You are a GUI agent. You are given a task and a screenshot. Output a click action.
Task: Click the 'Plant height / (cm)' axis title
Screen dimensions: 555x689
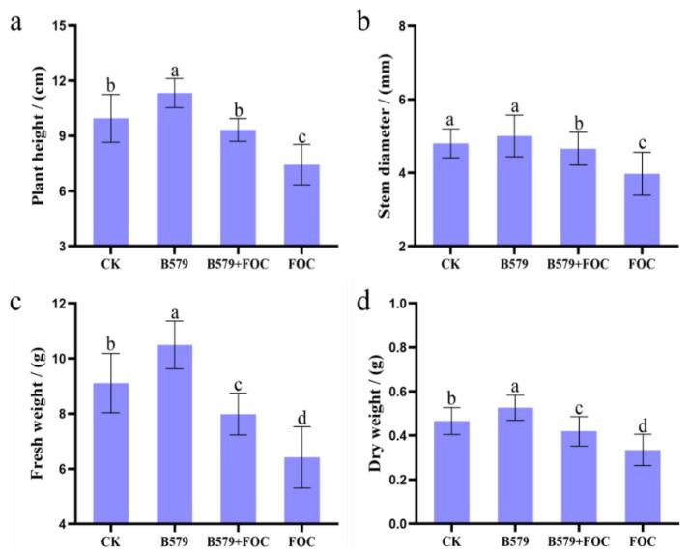39,136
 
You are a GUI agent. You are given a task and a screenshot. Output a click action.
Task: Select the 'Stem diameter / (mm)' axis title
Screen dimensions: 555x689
386,136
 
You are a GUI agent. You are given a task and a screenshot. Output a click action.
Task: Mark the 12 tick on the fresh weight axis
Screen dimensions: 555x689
64,304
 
